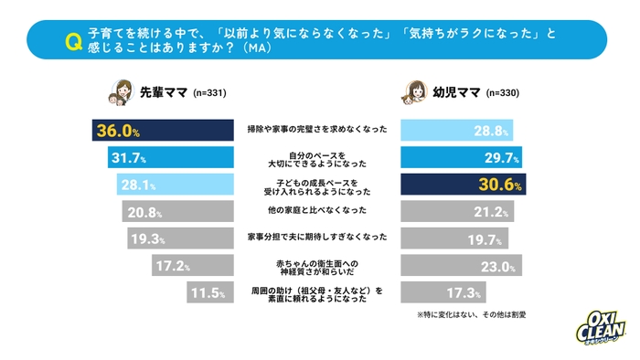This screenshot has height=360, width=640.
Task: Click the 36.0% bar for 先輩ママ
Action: click(x=160, y=132)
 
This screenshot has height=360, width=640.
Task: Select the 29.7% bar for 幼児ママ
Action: click(x=463, y=158)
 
